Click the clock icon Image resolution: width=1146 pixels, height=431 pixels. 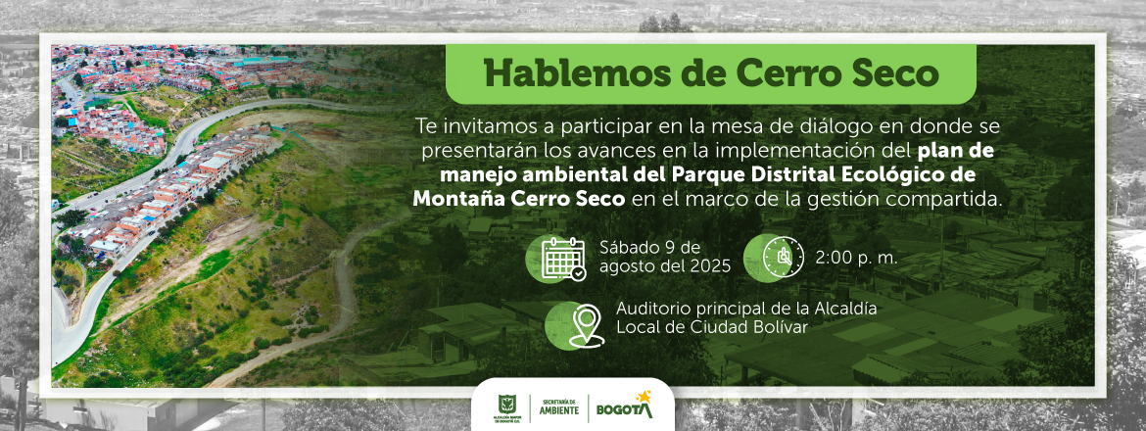[783, 258]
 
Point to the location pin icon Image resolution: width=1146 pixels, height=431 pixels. [587, 325]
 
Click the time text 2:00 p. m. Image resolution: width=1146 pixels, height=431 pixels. [857, 258]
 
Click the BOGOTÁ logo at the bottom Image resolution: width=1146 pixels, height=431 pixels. [625, 407]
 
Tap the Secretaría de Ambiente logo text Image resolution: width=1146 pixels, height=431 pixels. [558, 407]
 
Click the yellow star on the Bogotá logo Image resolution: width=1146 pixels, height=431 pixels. [644, 397]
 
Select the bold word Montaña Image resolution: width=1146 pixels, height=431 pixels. [450, 198]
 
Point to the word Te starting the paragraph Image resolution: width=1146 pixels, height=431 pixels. [425, 126]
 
